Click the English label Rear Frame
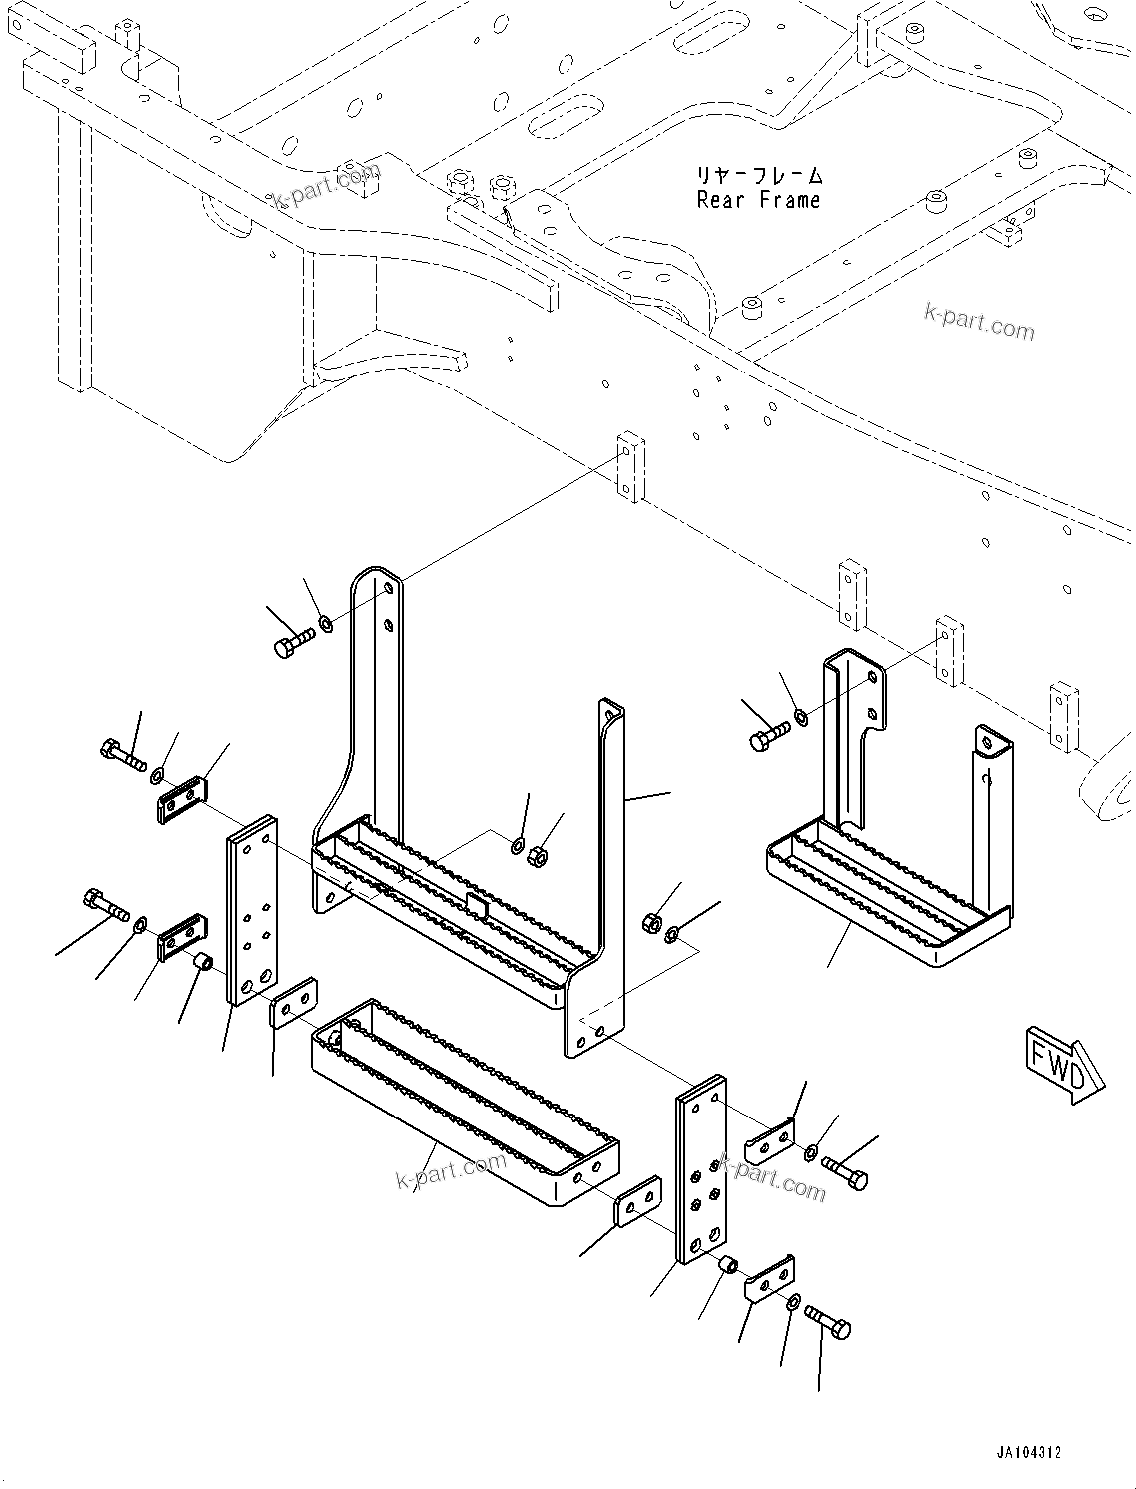click(x=758, y=200)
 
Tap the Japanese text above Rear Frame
click(x=760, y=176)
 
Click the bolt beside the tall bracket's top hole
click(x=293, y=642)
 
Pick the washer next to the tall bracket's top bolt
click(x=326, y=626)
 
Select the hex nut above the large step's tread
click(x=536, y=855)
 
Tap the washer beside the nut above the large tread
click(x=517, y=847)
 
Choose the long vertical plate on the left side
click(x=250, y=909)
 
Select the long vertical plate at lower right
click(x=701, y=1168)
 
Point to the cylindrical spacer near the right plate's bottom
click(x=729, y=1267)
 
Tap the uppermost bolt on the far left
click(x=122, y=753)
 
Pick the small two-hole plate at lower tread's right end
click(x=637, y=1200)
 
